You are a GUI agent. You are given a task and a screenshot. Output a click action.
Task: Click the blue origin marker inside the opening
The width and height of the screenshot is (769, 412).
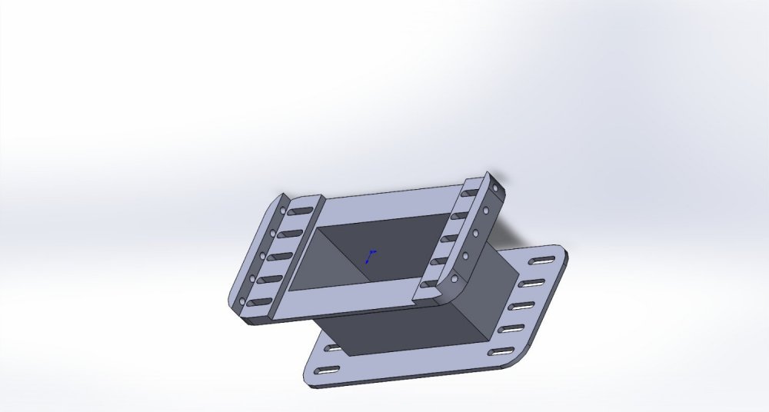click(x=371, y=256)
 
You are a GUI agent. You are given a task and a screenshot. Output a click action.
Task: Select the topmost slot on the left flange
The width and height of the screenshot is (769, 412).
click(x=301, y=210)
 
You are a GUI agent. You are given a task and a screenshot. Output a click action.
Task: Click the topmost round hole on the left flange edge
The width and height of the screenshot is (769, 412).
click(x=283, y=209)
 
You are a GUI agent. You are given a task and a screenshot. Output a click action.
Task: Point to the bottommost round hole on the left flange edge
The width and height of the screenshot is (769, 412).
click(x=244, y=301)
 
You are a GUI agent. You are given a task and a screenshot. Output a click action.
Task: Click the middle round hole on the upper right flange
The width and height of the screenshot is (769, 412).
click(x=476, y=231)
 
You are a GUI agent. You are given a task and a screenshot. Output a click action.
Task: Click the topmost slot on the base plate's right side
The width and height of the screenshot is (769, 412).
click(x=544, y=258)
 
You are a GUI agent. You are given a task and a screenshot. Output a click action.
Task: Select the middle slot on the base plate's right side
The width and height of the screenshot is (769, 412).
click(x=521, y=306)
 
